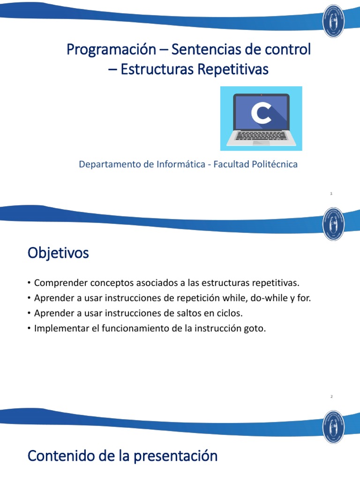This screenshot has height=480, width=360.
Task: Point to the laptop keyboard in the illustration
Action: click(x=261, y=135)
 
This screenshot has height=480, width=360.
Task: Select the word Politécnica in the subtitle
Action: click(x=274, y=165)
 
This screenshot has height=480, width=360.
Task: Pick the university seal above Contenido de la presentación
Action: click(x=334, y=426)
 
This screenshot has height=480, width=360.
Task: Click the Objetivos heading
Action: click(x=58, y=254)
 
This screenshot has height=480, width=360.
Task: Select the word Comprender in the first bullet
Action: click(x=59, y=283)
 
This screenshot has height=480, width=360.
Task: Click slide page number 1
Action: click(x=331, y=194)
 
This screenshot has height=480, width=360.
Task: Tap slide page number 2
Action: click(x=331, y=397)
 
